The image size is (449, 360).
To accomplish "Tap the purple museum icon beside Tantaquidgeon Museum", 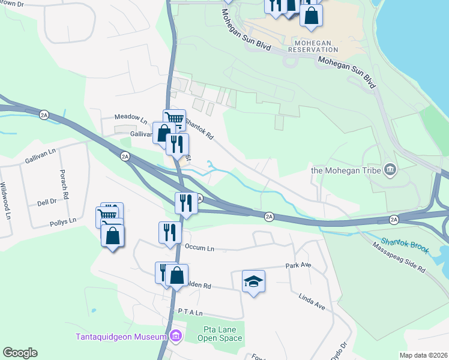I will pos(175,335).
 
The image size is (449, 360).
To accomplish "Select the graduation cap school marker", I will pos(253,281).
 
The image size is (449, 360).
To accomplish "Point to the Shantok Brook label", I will pos(405,244).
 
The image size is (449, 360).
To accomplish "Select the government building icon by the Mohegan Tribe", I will pos(391,170).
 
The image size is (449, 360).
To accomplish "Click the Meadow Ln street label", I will pos(131,118).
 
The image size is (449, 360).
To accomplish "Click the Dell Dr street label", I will pos(46,203).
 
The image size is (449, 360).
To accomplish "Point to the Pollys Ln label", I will pos(63,221).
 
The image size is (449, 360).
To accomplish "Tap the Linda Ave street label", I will pos(312,301).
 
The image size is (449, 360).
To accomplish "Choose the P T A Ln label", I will pos(191,313).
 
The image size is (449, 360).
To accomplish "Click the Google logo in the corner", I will pos(20,353).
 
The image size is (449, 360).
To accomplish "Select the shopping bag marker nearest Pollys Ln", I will pos(113,235).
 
